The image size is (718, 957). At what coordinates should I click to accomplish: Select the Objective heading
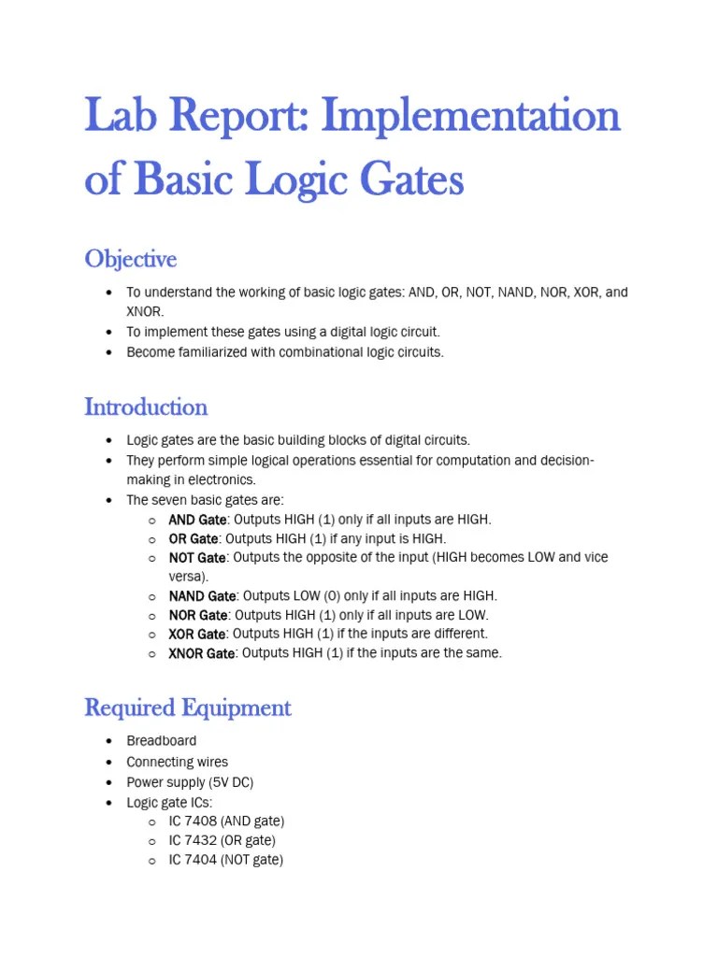tap(130, 258)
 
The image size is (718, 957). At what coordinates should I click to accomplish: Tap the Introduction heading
tap(146, 407)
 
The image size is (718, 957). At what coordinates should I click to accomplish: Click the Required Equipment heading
tap(188, 707)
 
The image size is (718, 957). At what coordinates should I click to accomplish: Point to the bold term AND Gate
tap(197, 520)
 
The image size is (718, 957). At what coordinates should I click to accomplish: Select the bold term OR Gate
tap(194, 539)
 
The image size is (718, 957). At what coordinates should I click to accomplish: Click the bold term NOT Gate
tap(197, 558)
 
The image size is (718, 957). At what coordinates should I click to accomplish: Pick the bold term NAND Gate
tap(202, 596)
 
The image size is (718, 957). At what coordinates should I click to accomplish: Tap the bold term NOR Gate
tap(198, 615)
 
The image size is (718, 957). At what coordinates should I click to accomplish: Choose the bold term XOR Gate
tap(197, 635)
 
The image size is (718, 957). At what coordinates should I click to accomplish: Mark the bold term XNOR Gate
tap(202, 653)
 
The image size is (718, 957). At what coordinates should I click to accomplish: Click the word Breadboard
tap(162, 741)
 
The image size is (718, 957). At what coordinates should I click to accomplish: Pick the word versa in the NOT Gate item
tap(186, 577)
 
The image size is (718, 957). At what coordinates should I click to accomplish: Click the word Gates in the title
tap(412, 180)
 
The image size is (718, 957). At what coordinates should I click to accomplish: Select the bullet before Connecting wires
tap(109, 762)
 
